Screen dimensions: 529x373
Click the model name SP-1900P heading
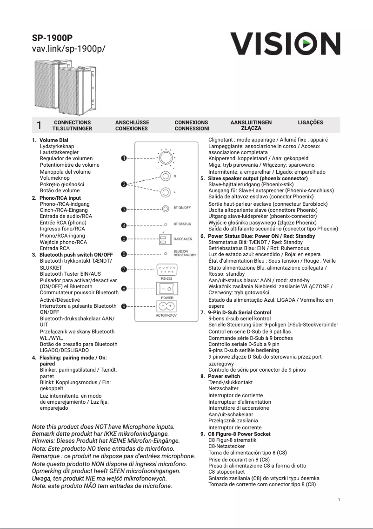point(52,38)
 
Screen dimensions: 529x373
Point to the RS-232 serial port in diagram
point(167,270)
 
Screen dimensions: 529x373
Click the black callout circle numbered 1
point(124,158)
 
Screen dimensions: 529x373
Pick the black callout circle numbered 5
point(124,239)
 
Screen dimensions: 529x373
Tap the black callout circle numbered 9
point(124,306)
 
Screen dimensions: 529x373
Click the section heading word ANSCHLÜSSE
point(132,122)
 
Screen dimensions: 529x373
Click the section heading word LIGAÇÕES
point(310,122)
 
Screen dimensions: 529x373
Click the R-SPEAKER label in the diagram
point(183,239)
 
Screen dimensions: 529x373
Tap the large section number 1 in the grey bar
point(39,125)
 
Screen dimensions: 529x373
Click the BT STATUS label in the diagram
point(182,224)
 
